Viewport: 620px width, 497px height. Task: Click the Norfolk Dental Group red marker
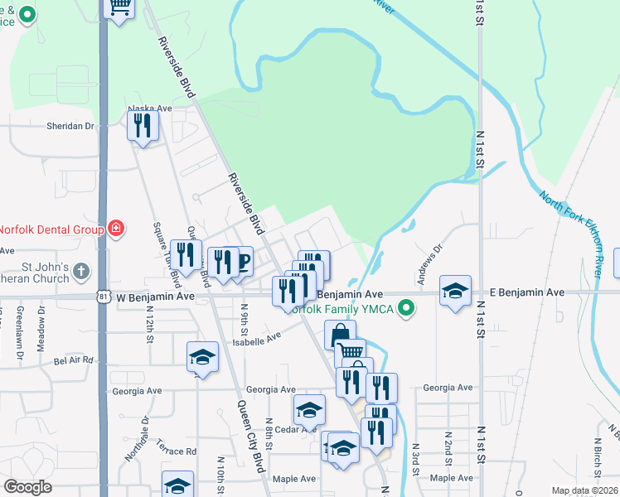click(x=117, y=229)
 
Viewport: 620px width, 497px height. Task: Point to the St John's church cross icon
click(x=80, y=271)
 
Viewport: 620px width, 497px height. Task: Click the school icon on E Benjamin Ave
click(x=455, y=291)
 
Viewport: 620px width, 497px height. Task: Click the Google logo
click(x=27, y=487)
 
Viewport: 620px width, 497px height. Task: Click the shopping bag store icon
click(x=340, y=335)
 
